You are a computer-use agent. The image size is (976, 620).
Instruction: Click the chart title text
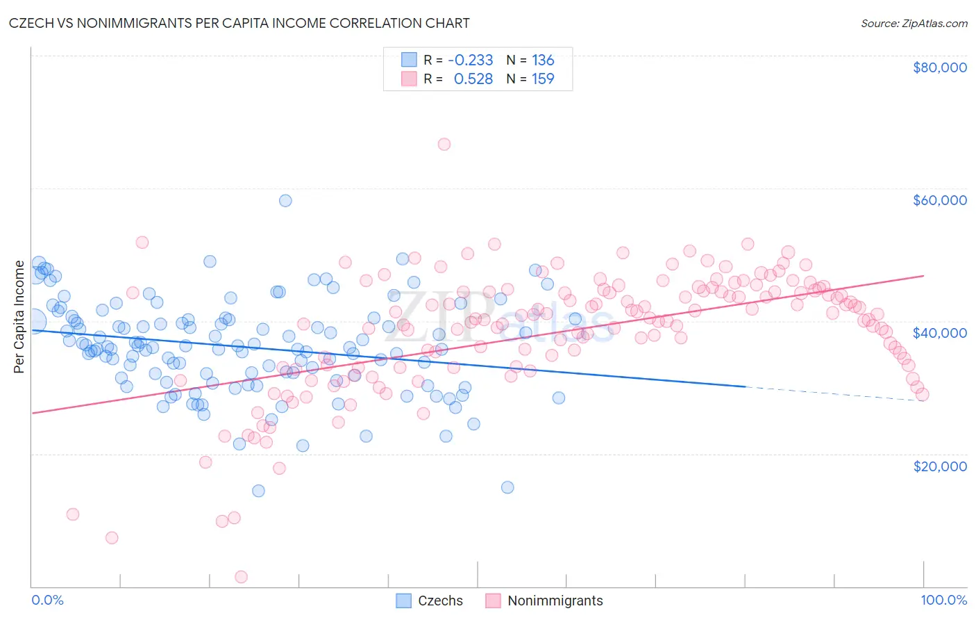coord(239,23)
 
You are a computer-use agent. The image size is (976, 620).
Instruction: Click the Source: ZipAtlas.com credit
coord(914,23)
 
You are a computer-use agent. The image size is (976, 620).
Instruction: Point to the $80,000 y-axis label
coord(939,67)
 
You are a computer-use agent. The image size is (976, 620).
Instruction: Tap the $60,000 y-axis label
coord(939,200)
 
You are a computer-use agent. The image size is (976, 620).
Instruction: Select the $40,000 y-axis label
coord(939,333)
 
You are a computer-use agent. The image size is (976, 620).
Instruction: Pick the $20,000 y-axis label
coord(939,466)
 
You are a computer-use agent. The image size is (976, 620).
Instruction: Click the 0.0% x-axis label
coord(47,600)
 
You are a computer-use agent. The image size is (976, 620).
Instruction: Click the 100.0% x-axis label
coord(943,600)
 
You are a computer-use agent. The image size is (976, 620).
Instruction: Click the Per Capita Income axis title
coord(19,316)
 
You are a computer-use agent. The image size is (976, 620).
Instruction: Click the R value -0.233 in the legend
coord(470,60)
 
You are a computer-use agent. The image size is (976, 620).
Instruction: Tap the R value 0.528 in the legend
coord(473,79)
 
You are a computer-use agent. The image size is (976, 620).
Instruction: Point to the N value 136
coord(543,60)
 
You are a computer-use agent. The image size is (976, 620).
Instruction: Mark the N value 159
coord(543,79)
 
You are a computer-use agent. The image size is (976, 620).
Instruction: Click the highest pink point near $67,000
coord(444,144)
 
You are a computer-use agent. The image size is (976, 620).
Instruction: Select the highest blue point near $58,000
coord(285,200)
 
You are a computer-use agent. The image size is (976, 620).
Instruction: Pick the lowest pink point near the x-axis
coord(242,576)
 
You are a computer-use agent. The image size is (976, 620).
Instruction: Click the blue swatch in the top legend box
coord(409,60)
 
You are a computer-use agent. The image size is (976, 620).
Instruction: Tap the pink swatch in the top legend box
coord(409,79)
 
